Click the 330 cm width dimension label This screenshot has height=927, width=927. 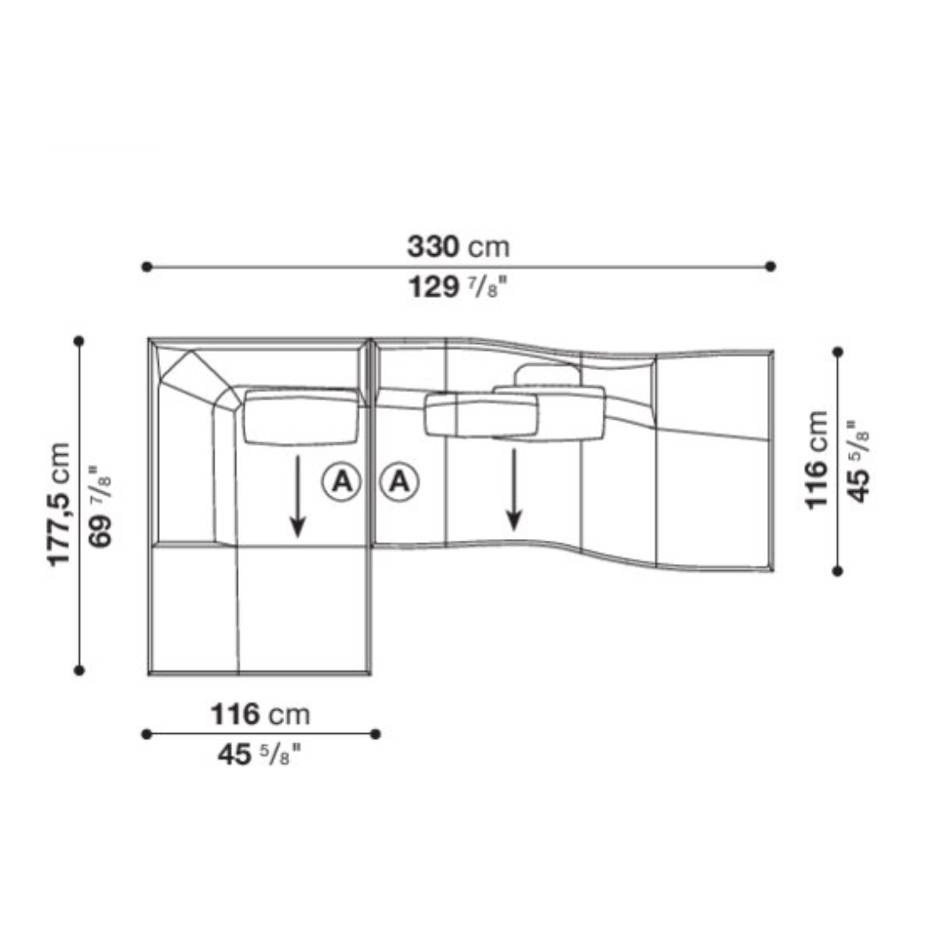coord(458,246)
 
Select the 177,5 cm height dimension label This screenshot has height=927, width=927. coord(59,505)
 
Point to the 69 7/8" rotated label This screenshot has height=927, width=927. coord(100,506)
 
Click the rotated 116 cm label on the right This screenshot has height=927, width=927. coord(817,460)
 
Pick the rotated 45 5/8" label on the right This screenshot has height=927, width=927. coord(859,461)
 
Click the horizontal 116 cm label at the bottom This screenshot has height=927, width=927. coord(261,714)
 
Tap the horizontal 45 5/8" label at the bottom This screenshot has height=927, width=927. coord(259,754)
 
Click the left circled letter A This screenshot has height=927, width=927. coord(342,482)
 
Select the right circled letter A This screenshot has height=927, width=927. coord(400,482)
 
